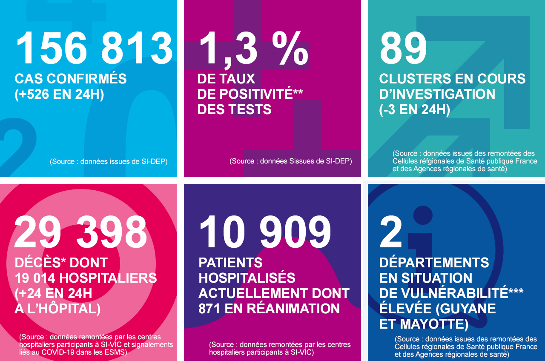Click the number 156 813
point(95,49)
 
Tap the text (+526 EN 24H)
point(59,94)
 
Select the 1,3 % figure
point(253,49)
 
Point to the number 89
point(403,49)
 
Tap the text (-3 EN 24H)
point(414,109)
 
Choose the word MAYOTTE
point(433,324)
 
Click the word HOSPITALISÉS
point(247,278)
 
